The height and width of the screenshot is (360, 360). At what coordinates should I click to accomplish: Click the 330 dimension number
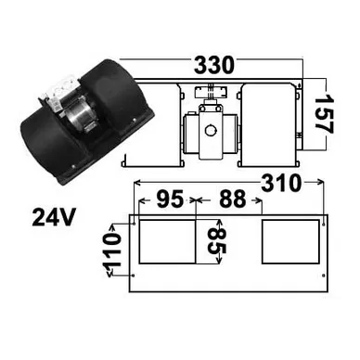(214, 65)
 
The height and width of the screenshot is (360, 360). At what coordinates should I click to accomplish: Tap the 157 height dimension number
(324, 114)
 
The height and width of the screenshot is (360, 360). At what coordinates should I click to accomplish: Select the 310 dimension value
(281, 183)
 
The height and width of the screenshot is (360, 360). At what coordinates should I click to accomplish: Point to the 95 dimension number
(170, 199)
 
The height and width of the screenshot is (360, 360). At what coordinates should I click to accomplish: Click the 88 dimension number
(233, 199)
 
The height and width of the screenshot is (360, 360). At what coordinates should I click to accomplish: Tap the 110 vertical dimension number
(111, 251)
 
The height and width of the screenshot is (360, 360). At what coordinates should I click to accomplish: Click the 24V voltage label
(54, 217)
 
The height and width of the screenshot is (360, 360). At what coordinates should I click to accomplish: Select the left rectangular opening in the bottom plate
(167, 242)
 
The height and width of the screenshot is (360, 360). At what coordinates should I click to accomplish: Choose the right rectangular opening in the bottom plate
(290, 242)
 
